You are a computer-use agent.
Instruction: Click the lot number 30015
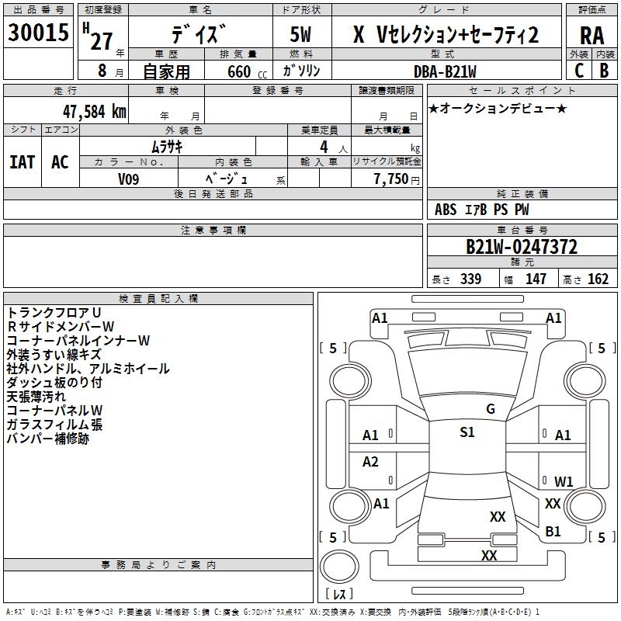click(x=39, y=33)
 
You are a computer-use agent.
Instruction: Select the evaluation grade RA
click(x=592, y=36)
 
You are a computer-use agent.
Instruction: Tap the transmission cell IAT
click(x=22, y=162)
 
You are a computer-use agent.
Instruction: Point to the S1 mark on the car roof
click(x=467, y=432)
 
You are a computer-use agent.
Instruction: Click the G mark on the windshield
click(x=490, y=409)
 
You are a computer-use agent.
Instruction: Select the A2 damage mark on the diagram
click(x=371, y=462)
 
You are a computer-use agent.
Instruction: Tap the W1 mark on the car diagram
click(x=564, y=481)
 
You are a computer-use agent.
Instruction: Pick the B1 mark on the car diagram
click(x=553, y=531)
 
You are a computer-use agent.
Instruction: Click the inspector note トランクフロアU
click(x=54, y=312)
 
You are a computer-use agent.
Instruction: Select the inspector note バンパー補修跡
click(x=48, y=439)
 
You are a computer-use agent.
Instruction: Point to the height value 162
click(x=598, y=279)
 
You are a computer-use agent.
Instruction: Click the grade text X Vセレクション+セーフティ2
click(x=446, y=35)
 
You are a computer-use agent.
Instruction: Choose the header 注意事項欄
click(x=213, y=231)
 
